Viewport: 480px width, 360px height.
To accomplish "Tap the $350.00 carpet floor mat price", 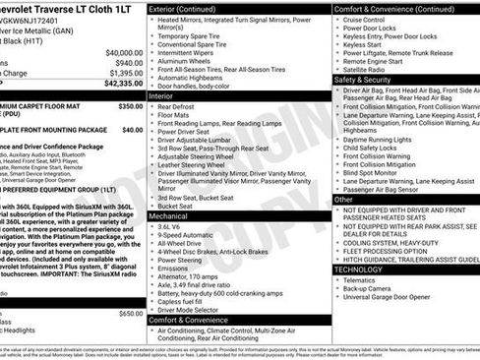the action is (130, 105).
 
